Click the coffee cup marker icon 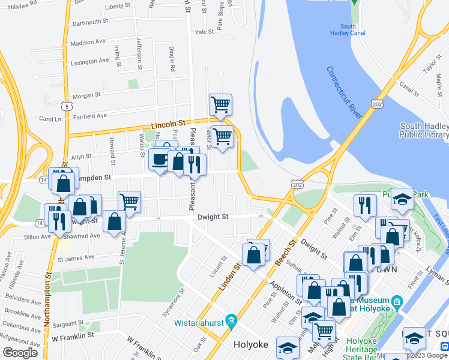[x=160, y=159]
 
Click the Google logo [x=20, y=352]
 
